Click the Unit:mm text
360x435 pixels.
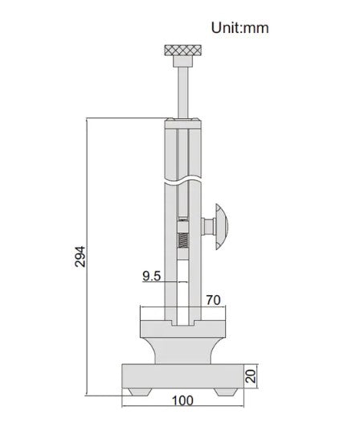(x=239, y=27)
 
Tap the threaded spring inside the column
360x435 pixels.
(x=182, y=240)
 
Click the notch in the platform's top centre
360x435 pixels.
(x=183, y=324)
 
